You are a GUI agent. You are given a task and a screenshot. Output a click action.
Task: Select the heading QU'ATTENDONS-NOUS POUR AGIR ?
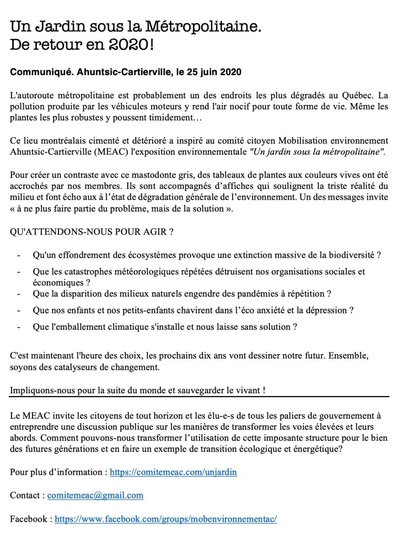(x=92, y=231)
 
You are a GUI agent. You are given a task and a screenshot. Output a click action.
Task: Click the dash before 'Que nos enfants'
(x=19, y=310)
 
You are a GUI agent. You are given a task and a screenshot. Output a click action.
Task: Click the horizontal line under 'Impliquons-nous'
(x=199, y=396)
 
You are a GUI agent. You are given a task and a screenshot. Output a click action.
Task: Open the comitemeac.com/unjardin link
(x=173, y=472)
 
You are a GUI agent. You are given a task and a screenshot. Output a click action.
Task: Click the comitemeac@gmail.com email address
(x=95, y=495)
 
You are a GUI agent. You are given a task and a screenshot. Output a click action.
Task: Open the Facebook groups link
(x=166, y=519)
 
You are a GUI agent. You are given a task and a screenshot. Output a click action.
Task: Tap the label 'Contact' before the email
(x=25, y=495)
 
